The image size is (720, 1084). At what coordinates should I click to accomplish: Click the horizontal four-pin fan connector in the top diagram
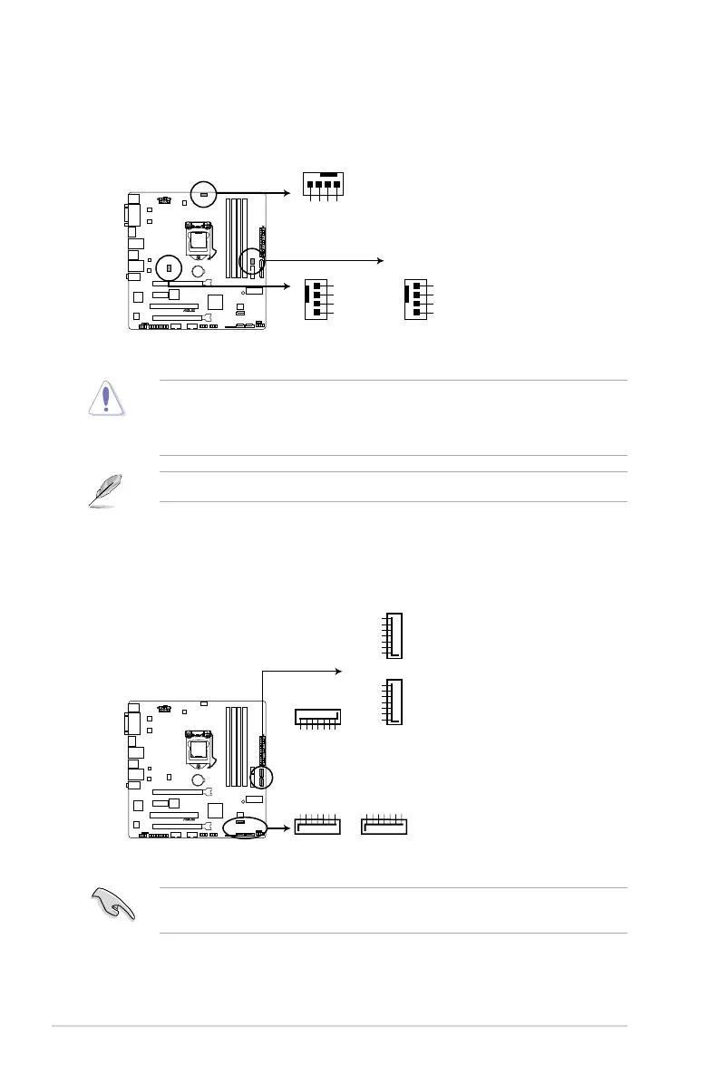[x=324, y=183]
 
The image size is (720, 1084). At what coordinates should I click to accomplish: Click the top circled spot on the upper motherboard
[x=204, y=193]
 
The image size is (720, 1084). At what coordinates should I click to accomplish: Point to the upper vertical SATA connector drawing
[x=394, y=635]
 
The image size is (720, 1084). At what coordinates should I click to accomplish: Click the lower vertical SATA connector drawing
[x=394, y=701]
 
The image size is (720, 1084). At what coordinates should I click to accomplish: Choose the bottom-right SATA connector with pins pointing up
[x=385, y=825]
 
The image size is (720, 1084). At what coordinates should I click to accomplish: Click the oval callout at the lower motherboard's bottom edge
[x=246, y=829]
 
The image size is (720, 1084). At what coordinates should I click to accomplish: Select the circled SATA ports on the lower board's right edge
[x=262, y=777]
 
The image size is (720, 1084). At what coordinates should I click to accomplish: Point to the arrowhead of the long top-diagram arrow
[x=381, y=261]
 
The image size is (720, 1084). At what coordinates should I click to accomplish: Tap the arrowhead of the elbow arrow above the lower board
[x=339, y=671]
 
